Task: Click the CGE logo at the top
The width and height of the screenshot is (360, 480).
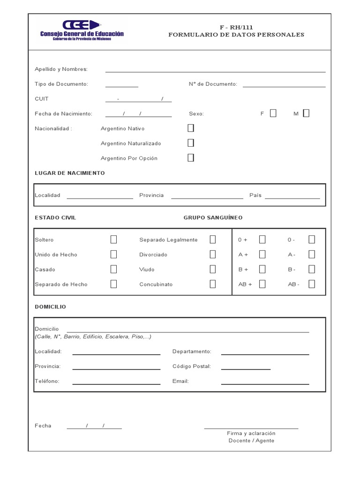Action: tap(82, 30)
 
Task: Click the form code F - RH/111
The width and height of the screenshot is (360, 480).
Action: tap(236, 27)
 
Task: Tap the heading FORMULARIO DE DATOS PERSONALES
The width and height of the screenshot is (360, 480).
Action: tap(236, 35)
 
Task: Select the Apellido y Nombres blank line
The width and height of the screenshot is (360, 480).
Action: tap(215, 71)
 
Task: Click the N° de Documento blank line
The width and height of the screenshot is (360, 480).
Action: tap(284, 86)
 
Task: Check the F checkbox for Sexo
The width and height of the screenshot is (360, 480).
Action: tap(273, 113)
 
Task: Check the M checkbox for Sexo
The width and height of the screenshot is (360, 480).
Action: tap(306, 113)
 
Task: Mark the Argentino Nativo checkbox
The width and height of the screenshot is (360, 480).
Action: tap(191, 128)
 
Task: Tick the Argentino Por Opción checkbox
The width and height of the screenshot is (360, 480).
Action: tap(191, 158)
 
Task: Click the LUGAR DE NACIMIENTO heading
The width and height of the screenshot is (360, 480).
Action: tap(70, 173)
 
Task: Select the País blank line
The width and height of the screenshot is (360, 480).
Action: tap(292, 197)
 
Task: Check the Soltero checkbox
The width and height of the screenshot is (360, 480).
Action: tap(113, 240)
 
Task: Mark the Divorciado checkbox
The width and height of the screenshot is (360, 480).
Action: tap(213, 255)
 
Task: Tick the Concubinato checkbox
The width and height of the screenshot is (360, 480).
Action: tap(213, 284)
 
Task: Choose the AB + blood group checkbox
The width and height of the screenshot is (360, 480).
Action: tap(262, 284)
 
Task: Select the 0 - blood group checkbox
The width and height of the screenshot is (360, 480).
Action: tap(312, 240)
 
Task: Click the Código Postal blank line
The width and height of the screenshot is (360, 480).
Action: tap(246, 368)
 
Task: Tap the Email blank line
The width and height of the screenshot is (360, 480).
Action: tap(265, 383)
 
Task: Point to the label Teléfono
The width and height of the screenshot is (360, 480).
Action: tap(47, 381)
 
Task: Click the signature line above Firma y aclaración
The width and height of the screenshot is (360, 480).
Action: tap(251, 427)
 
